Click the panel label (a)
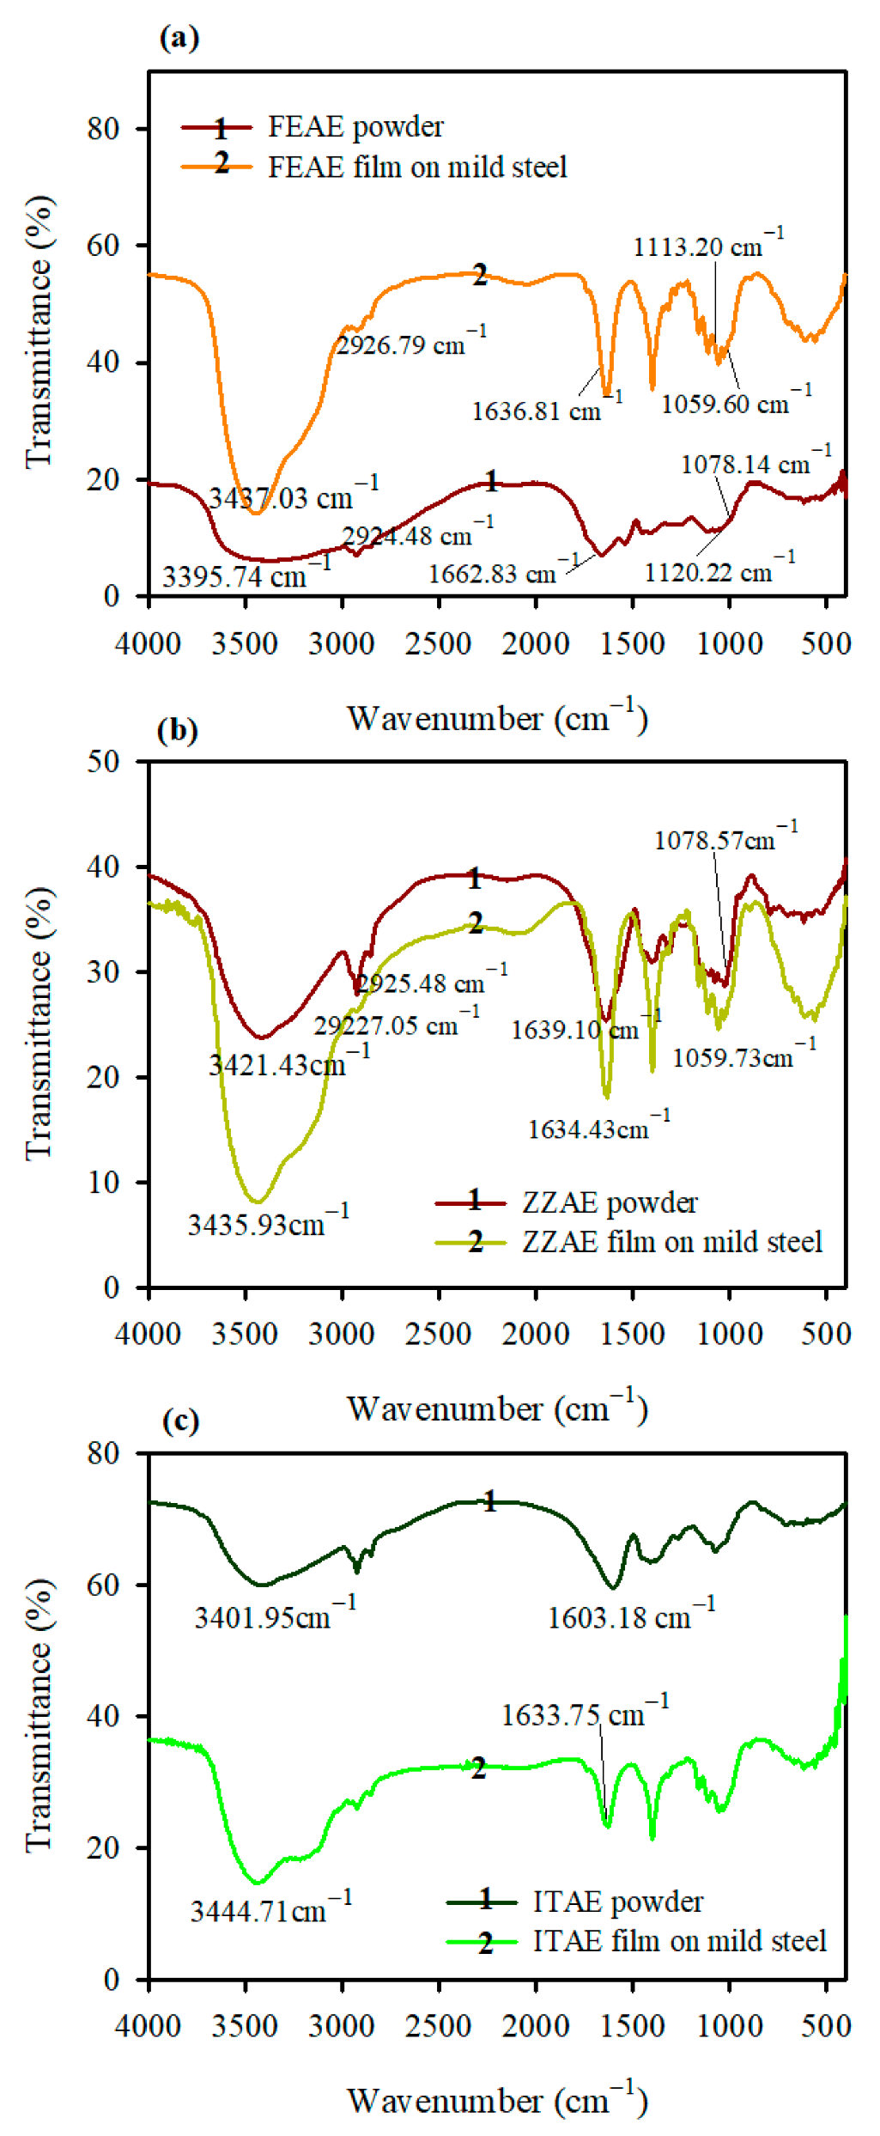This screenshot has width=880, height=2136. pos(179,38)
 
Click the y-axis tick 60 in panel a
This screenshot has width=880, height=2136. pos(103,246)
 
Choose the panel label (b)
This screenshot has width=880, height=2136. pos(178,730)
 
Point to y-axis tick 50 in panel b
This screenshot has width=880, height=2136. pos(103,761)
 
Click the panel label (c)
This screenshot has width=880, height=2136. pos(180,1421)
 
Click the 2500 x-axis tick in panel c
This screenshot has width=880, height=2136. pos(439,2026)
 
